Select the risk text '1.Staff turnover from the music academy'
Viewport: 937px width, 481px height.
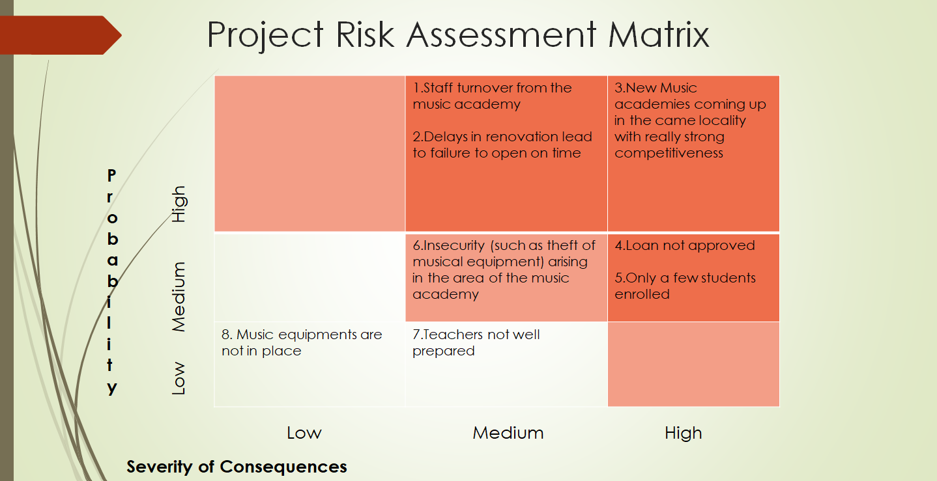point(492,96)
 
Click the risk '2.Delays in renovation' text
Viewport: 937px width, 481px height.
point(502,144)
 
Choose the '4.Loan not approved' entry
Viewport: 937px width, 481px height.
point(684,245)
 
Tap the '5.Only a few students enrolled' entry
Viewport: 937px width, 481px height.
point(684,286)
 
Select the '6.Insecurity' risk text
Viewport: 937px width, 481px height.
point(504,269)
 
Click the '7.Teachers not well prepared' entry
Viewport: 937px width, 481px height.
point(476,342)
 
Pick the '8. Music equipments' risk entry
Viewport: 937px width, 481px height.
point(301,342)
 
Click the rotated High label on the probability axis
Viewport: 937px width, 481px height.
point(179,204)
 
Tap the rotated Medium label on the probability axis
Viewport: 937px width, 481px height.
point(179,297)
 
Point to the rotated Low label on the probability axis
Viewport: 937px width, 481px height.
point(179,378)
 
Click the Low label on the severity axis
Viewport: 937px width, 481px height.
point(304,433)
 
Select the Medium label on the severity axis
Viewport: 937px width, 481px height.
point(508,433)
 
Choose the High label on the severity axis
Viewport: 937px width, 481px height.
point(683,433)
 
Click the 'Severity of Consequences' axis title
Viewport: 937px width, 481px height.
point(237,467)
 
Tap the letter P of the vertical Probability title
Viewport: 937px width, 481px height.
point(111,175)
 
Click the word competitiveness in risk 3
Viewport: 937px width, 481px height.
point(669,153)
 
